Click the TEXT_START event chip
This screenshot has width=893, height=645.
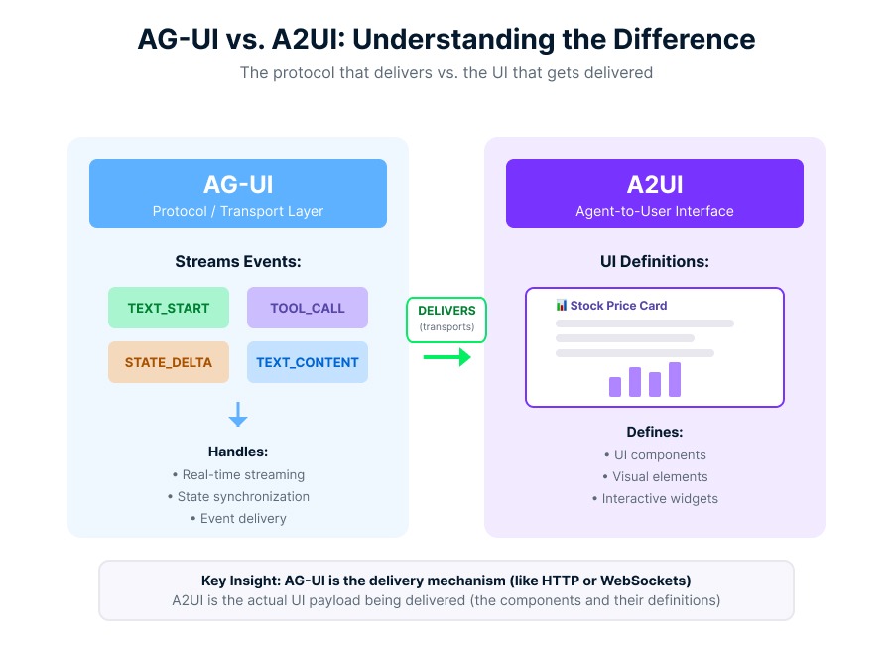pos(169,308)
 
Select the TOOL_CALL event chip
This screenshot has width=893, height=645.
pos(308,308)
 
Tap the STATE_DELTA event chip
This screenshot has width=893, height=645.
pos(169,362)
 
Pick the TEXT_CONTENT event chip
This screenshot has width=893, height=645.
pos(308,362)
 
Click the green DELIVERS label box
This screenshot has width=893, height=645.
pos(446,319)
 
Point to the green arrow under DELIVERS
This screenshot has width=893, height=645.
pos(446,356)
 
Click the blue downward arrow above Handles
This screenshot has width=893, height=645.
pos(238,415)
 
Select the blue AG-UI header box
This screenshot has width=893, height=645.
pos(238,193)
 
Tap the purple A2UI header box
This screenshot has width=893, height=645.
pos(655,193)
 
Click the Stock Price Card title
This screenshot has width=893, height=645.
pos(618,306)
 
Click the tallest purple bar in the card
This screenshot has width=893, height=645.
pos(675,379)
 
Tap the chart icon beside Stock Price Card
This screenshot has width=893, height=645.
pos(562,306)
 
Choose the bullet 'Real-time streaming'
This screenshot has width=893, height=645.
pos(238,474)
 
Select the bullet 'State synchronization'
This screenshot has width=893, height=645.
pos(238,496)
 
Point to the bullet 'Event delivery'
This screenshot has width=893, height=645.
pos(238,518)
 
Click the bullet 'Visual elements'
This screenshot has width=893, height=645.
pos(655,476)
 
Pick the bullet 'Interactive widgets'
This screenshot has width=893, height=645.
pos(655,498)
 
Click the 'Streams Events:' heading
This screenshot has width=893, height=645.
pos(238,262)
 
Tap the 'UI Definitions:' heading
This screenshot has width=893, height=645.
pos(655,262)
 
